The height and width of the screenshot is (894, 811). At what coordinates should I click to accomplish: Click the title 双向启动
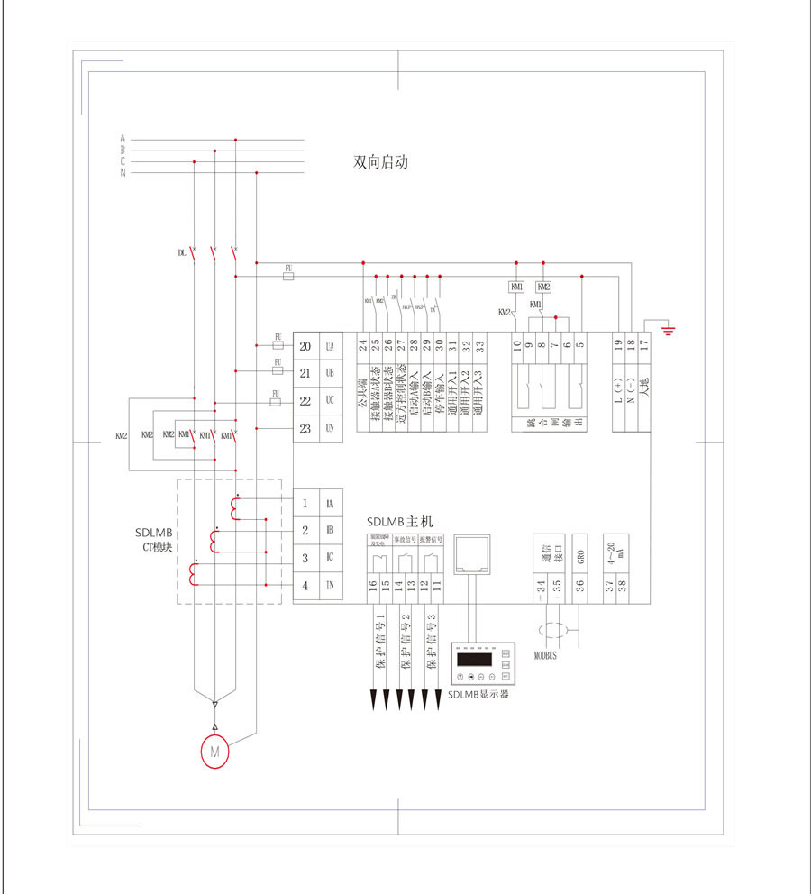[381, 164]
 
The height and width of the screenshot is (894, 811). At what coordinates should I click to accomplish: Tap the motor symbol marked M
[214, 751]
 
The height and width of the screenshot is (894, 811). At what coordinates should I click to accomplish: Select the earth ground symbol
[668, 328]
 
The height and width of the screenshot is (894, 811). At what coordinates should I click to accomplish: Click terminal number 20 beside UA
[305, 347]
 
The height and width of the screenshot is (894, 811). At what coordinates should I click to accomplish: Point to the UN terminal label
[330, 429]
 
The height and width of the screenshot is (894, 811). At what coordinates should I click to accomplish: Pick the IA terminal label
[330, 504]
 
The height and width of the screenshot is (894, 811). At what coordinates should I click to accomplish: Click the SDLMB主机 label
[400, 522]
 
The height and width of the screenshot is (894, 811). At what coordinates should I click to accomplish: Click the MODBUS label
[546, 656]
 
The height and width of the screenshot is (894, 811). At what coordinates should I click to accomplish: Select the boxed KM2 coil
[543, 287]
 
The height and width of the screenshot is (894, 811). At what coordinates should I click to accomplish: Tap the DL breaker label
[181, 253]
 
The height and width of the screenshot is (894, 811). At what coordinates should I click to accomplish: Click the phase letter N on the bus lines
[123, 172]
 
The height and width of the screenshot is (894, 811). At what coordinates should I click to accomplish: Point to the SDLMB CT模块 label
[154, 539]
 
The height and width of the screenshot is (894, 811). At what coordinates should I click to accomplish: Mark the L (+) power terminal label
[618, 388]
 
